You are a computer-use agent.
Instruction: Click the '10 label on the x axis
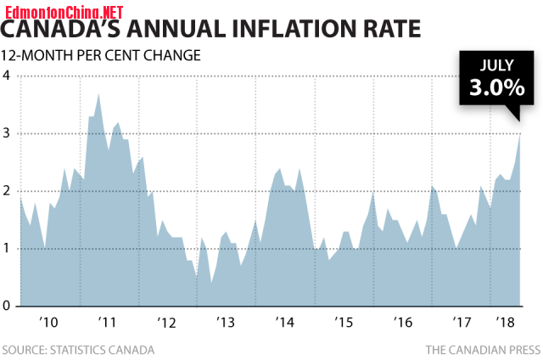48,323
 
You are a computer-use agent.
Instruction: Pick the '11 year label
107,323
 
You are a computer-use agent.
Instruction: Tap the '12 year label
166,323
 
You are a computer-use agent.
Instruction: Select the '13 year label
226,323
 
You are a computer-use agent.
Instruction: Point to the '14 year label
284,323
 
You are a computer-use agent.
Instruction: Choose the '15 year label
344,323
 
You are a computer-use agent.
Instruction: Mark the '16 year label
403,323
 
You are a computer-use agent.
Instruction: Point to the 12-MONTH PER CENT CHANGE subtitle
101,56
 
